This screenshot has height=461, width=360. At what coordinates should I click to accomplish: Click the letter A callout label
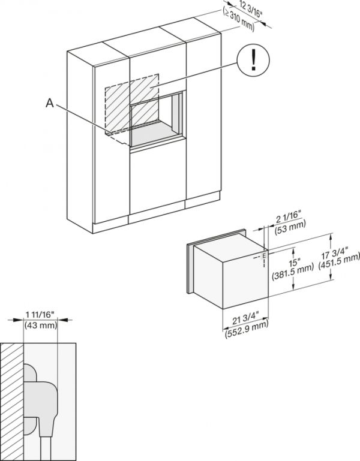50,103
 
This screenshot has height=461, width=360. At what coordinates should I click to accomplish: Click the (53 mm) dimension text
290,225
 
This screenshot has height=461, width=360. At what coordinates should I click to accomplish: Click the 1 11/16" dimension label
40,314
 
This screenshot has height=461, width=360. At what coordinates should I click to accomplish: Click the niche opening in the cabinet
153,120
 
